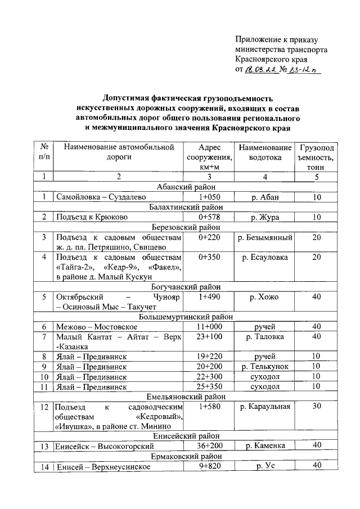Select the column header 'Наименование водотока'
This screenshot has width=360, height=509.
(x=265, y=152)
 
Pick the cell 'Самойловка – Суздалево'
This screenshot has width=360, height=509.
(x=101, y=197)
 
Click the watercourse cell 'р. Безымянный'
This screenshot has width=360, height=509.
(x=265, y=238)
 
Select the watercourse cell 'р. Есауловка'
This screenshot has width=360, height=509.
(x=265, y=258)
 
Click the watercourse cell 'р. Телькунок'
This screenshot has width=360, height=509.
(x=265, y=367)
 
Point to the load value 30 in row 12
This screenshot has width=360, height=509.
(x=317, y=407)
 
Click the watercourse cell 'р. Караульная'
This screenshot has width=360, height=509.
(x=265, y=407)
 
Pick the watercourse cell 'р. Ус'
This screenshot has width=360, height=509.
(x=265, y=466)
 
